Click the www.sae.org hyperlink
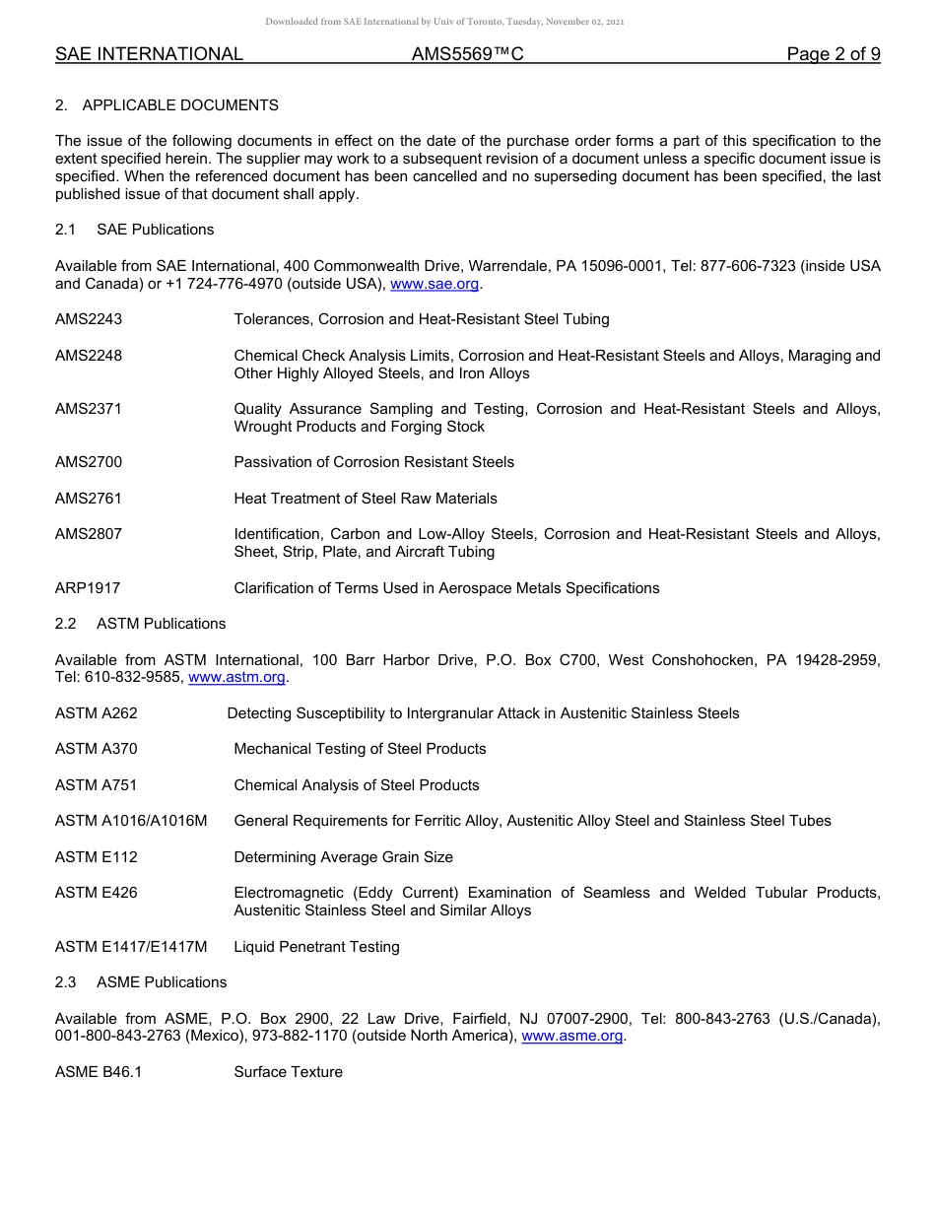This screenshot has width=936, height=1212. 435,284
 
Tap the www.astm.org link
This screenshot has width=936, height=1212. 236,677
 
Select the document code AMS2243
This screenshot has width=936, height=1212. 89,319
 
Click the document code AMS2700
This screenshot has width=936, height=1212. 89,462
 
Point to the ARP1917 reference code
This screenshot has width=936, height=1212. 88,588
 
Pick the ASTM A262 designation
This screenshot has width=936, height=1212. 97,713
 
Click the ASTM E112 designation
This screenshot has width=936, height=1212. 97,857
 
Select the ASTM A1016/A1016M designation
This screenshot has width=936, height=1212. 131,821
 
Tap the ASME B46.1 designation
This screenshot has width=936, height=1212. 99,1072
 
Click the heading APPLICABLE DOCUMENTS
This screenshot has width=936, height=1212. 180,105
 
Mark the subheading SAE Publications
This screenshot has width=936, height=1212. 155,230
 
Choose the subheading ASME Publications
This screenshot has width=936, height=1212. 162,982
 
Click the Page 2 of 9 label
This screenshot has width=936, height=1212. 833,54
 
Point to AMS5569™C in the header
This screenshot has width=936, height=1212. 467,54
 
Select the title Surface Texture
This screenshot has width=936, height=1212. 288,1072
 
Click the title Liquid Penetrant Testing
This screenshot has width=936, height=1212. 316,947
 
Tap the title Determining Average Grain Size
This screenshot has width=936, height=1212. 343,857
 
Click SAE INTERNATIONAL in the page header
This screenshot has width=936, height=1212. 149,54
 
